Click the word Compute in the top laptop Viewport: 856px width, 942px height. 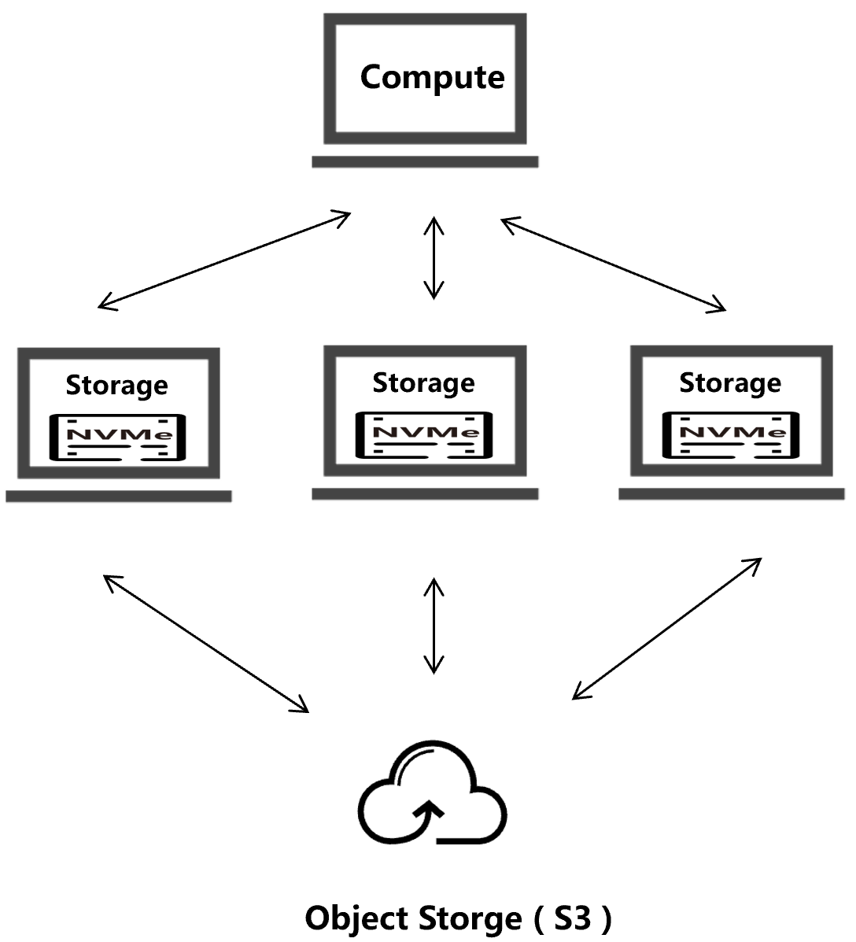(432, 78)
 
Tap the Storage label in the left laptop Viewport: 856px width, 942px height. (116, 385)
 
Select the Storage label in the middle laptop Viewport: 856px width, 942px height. (423, 382)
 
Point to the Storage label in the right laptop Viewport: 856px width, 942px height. (730, 382)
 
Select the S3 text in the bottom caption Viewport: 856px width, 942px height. (572, 918)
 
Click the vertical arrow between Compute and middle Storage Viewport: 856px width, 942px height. (434, 258)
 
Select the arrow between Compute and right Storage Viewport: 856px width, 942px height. (613, 264)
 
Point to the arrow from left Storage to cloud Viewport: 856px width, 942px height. (206, 643)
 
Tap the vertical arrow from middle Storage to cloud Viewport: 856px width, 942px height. (434, 626)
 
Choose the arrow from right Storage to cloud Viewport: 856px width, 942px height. (666, 628)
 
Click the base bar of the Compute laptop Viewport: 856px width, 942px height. (425, 161)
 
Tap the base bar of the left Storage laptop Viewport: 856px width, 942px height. (119, 496)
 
